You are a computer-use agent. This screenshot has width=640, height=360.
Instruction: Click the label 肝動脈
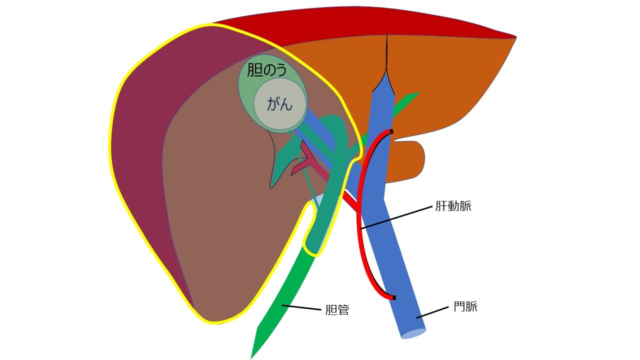click(x=453, y=206)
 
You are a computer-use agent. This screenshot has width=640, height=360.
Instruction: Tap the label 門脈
click(x=465, y=306)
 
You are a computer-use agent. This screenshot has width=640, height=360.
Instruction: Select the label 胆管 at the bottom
click(x=337, y=310)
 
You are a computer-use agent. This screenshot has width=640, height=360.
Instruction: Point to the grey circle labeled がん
click(x=280, y=105)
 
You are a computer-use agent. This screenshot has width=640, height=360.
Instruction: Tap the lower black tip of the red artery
click(x=393, y=298)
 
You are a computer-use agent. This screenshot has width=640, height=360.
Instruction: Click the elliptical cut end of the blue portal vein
click(x=413, y=333)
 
